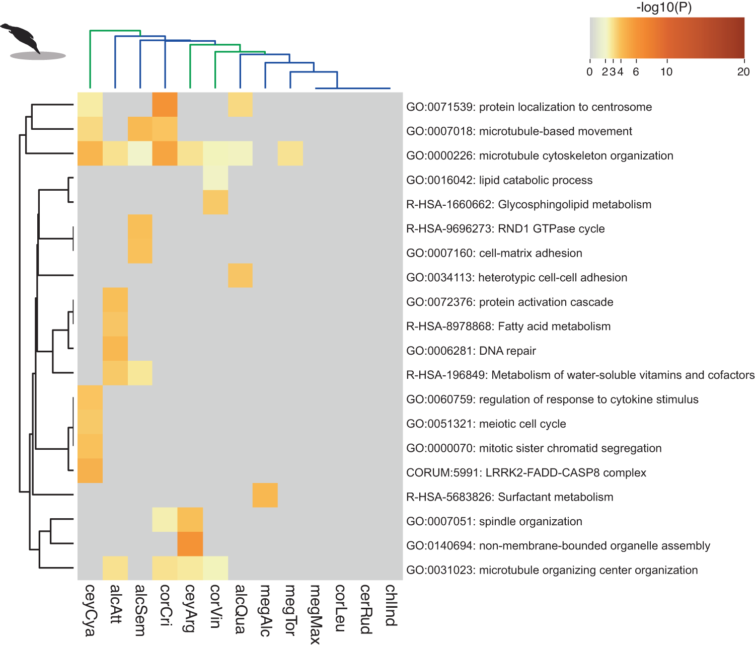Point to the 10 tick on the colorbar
click(x=666, y=71)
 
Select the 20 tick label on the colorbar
click(x=743, y=71)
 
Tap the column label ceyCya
click(x=90, y=610)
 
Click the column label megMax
click(x=316, y=614)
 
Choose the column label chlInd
click(x=391, y=605)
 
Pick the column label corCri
click(x=165, y=605)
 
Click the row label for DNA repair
click(x=471, y=351)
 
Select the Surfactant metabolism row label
click(x=509, y=497)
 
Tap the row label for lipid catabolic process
click(x=499, y=180)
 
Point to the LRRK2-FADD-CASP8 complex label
click(x=526, y=472)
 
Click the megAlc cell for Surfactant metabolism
click(x=265, y=495)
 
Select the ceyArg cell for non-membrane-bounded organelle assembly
click(x=190, y=544)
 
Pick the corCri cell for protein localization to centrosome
click(x=165, y=105)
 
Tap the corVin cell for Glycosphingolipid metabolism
click(x=215, y=202)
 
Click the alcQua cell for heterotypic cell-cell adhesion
click(x=240, y=275)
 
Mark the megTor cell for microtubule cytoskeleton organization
click(x=290, y=153)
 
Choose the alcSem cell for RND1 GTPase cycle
click(x=140, y=226)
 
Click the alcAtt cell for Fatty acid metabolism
click(x=115, y=324)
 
